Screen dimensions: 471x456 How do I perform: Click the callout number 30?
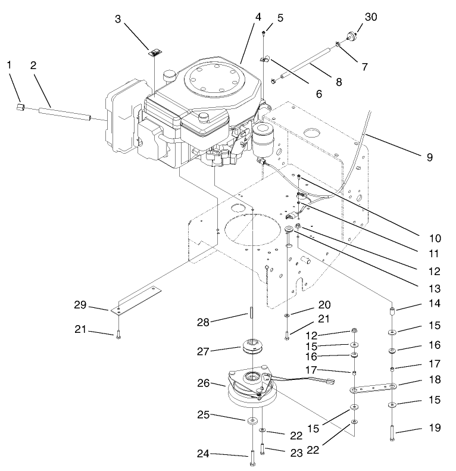point(371,17)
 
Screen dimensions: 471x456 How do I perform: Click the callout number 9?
point(429,158)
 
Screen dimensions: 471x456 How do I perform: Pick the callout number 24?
point(204,454)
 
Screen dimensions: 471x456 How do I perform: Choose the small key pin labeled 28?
point(252,313)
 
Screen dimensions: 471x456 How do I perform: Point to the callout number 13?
point(429,288)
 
